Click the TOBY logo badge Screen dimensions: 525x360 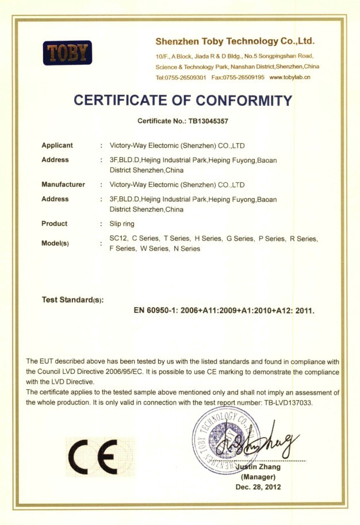pos(67,53)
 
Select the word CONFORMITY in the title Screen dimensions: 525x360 pos(244,101)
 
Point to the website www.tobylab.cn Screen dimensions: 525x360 pos(290,77)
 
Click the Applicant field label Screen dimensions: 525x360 pos(57,145)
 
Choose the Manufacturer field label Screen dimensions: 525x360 pos(63,185)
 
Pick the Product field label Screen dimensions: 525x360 pos(54,224)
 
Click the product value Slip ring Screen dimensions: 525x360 pos(121,224)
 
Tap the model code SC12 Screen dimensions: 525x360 pos(117,238)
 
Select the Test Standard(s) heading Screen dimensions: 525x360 pos(72,300)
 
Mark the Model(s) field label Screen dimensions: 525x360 pos(55,243)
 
